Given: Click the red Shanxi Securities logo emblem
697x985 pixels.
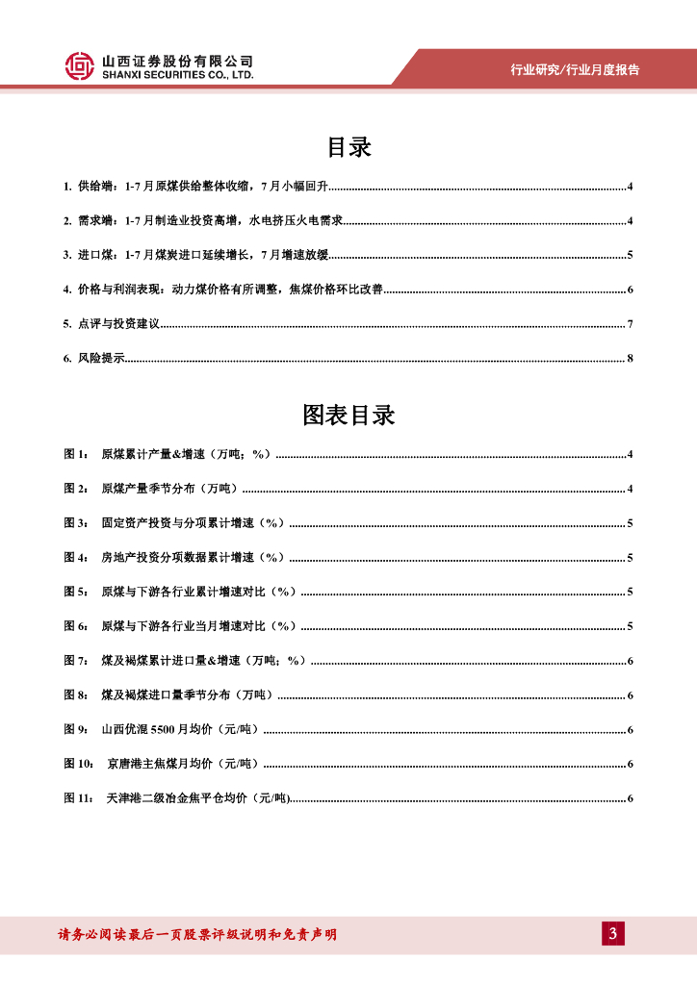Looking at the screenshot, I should [x=81, y=65].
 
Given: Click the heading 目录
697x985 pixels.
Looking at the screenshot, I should [x=348, y=147].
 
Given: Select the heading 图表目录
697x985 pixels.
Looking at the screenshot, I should [x=348, y=416].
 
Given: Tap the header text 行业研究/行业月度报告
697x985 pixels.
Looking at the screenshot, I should [x=575, y=69].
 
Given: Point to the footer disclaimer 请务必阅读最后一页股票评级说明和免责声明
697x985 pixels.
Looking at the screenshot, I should [x=197, y=934].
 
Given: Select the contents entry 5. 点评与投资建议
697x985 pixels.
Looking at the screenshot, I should [x=111, y=324].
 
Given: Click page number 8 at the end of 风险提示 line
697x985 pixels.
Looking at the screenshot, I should [x=630, y=359].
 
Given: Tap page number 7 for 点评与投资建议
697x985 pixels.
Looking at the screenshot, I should [x=630, y=324].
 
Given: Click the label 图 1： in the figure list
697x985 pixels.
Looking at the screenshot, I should [x=77, y=454].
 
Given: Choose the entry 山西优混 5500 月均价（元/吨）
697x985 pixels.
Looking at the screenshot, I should [x=181, y=729].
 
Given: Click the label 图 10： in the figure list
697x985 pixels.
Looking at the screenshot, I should [x=80, y=764].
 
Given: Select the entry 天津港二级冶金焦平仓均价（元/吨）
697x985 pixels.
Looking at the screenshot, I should [x=198, y=798].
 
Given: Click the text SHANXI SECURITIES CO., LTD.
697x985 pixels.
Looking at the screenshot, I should [x=178, y=74].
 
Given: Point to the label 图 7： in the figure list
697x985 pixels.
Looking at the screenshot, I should [x=77, y=661].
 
